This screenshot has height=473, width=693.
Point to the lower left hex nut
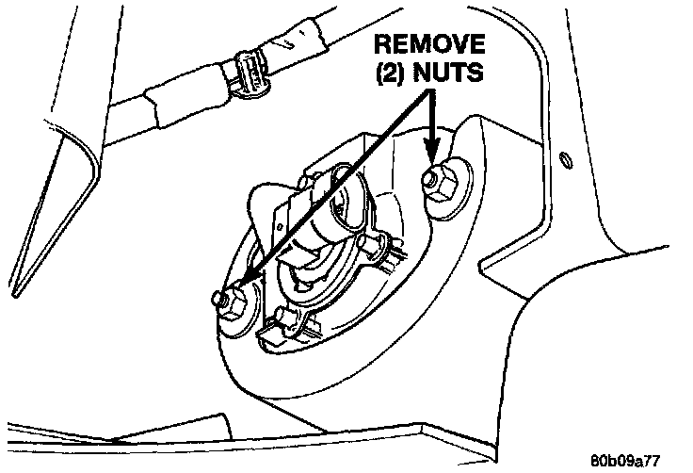pos(232,302)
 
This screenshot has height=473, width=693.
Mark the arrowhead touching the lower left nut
pos(243,284)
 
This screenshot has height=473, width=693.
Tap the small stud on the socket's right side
pos(381,247)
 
